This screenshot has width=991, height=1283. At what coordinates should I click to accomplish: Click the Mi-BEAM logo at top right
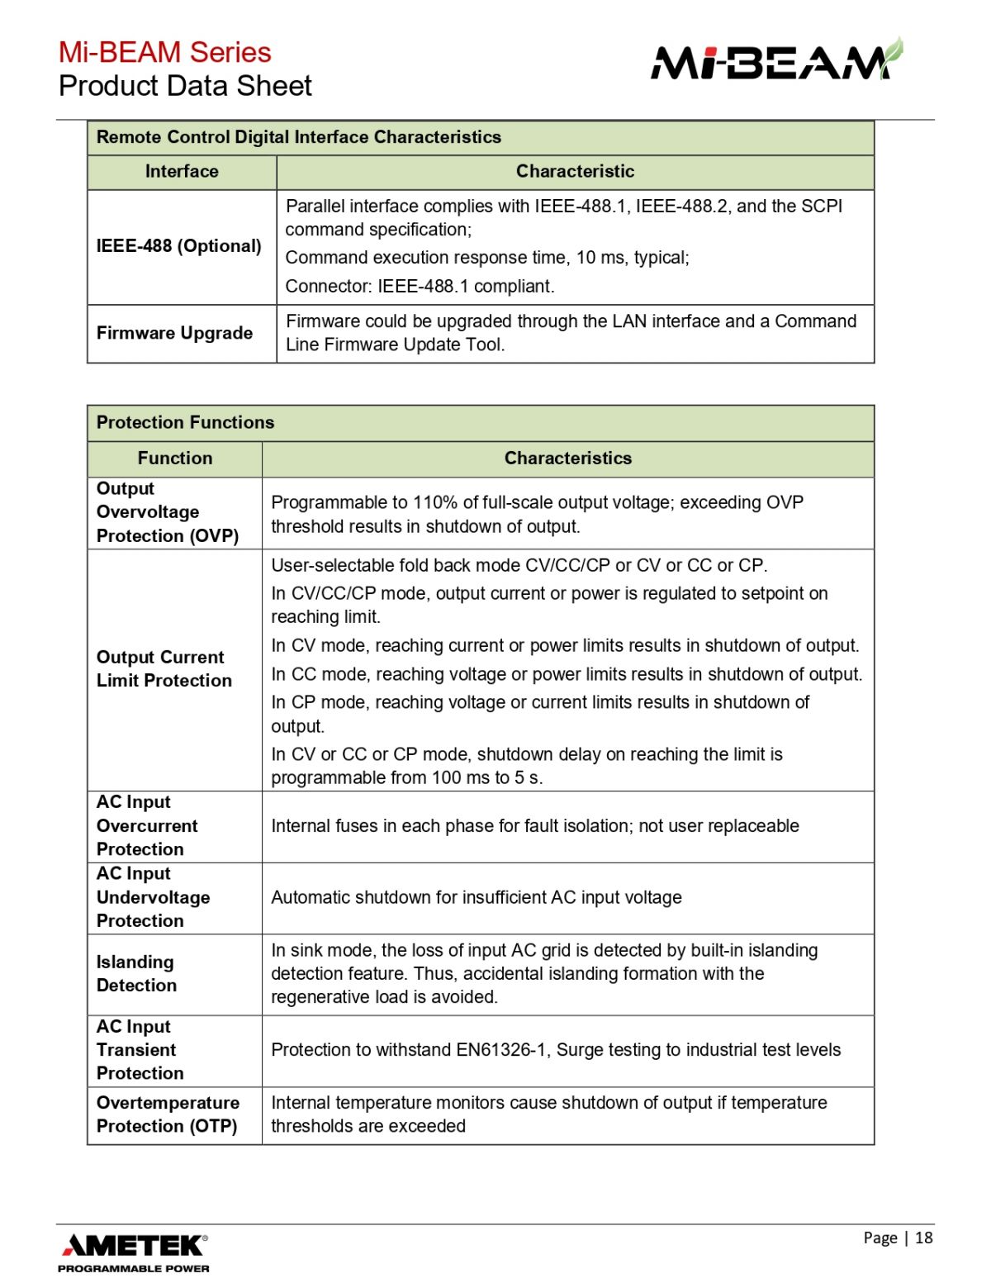coord(776,60)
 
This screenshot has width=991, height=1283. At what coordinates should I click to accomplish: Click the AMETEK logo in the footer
coord(134,1245)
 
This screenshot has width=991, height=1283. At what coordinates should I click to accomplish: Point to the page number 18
coord(923,1238)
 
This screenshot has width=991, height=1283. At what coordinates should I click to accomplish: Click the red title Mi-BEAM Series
coord(164,52)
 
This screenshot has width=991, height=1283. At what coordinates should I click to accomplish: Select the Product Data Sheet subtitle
coord(185,86)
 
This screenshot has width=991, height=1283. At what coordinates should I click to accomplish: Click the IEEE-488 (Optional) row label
coord(178,246)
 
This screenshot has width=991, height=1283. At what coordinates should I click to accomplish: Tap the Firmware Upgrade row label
coord(174,333)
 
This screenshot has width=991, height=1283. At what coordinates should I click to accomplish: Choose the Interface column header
coord(182,172)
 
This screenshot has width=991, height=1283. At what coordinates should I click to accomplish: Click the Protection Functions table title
coord(185,422)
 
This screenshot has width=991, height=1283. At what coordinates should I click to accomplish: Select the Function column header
coord(174,459)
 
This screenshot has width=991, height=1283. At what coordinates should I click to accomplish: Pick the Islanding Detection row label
coord(136,974)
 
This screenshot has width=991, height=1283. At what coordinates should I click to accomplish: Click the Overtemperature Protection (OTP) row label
coord(168,1114)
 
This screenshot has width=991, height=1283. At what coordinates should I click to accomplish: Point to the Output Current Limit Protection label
coord(164,669)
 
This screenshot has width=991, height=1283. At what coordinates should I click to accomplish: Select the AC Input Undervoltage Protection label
coord(153,897)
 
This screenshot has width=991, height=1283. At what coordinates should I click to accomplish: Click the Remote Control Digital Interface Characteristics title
coord(298,137)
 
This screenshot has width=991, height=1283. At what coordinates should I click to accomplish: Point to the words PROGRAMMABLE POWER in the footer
coord(133,1268)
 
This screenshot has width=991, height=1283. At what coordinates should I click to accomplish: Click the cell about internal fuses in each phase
coord(534,826)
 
